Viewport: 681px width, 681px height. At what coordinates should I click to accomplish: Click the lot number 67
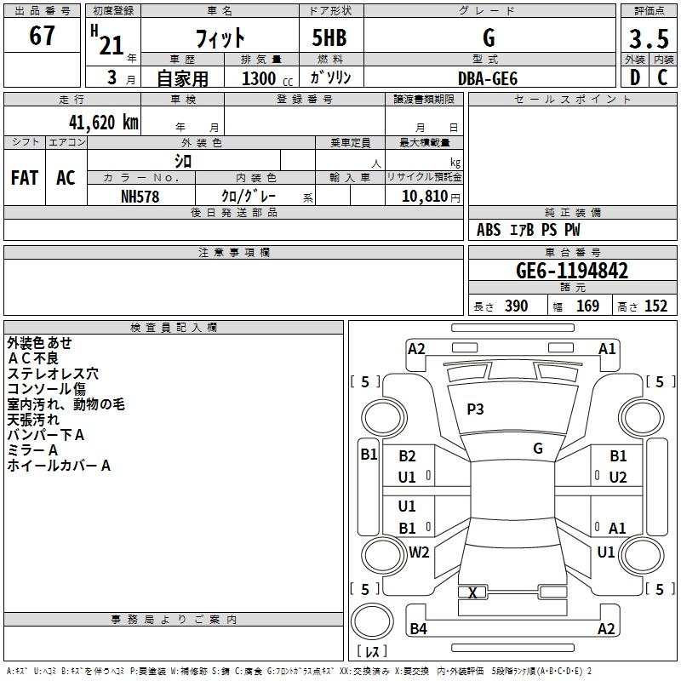[42, 37]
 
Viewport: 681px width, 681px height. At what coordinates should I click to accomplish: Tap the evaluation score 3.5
[647, 39]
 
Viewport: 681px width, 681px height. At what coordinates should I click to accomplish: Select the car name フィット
[220, 38]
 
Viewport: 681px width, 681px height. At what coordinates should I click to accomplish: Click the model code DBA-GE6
[488, 78]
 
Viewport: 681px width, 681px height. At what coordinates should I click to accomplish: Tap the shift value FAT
[25, 178]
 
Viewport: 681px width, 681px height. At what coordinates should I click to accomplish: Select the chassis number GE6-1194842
[572, 272]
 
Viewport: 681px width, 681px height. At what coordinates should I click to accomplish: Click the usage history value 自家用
[182, 78]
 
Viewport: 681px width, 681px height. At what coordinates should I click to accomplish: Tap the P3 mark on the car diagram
[475, 409]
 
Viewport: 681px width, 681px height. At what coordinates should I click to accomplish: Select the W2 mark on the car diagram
[419, 552]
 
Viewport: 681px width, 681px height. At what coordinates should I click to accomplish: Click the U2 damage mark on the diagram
[618, 477]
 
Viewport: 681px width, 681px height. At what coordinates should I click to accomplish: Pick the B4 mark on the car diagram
[418, 629]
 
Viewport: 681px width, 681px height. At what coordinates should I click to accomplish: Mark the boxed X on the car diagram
[472, 592]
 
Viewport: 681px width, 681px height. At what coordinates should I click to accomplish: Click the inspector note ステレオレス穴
[53, 374]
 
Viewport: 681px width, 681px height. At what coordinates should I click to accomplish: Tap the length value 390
[516, 306]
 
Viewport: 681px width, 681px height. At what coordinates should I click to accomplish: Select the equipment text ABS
[489, 230]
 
